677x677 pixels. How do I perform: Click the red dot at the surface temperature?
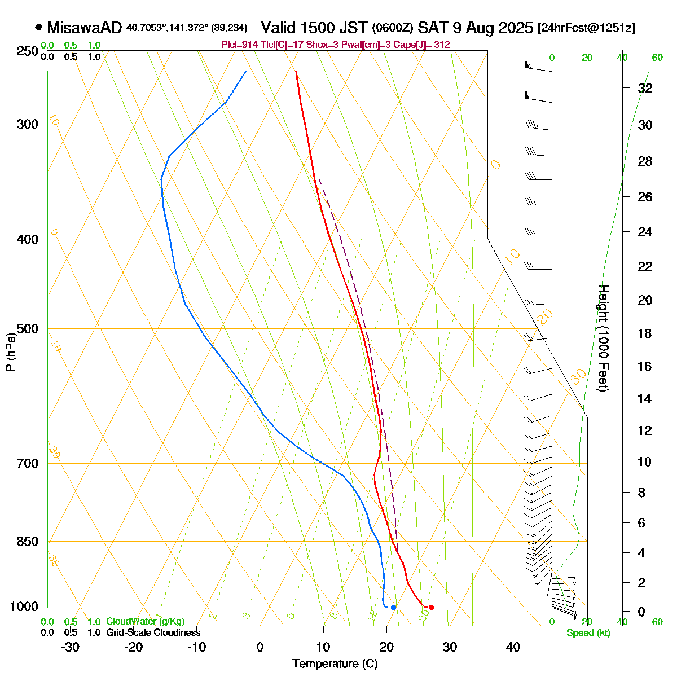[x=431, y=607]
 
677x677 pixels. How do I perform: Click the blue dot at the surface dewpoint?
[x=393, y=607]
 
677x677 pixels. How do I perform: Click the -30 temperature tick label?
[x=69, y=647]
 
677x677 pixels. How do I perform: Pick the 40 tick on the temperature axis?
[x=513, y=647]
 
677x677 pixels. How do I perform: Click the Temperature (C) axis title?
[x=335, y=664]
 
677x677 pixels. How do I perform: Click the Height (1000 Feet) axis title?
[x=603, y=338]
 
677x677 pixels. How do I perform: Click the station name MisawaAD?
[x=84, y=28]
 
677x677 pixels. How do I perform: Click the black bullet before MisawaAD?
[x=38, y=27]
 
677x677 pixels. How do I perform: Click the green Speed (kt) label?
[x=588, y=633]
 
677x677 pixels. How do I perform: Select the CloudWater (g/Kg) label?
[x=145, y=621]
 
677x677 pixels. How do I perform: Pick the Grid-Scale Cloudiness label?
[x=153, y=632]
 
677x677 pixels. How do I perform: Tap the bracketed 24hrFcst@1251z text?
[x=586, y=28]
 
